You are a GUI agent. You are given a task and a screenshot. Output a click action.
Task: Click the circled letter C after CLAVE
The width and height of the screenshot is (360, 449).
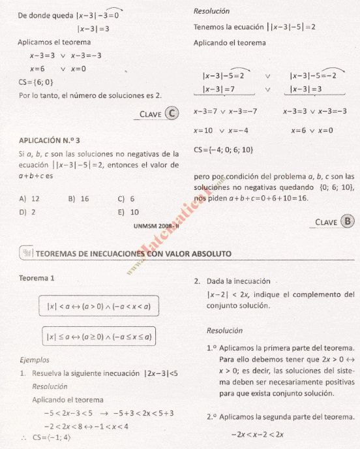(x=172, y=113)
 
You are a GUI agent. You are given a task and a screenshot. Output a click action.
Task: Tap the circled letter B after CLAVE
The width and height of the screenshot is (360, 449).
(x=348, y=221)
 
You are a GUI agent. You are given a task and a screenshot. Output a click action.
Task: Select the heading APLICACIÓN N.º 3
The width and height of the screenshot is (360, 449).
(x=50, y=140)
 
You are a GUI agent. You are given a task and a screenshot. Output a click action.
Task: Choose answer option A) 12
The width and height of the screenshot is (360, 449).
(x=30, y=198)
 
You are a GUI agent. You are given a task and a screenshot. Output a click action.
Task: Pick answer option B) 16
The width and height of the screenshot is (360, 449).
(x=78, y=198)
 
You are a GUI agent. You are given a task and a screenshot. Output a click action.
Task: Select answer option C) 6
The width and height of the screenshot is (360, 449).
(x=126, y=198)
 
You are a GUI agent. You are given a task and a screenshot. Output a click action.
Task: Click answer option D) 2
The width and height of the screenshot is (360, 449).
(x=27, y=211)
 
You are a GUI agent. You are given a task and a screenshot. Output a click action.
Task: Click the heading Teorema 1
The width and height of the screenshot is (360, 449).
(x=37, y=278)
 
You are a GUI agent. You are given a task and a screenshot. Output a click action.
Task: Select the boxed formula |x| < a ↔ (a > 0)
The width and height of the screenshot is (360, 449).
(x=98, y=306)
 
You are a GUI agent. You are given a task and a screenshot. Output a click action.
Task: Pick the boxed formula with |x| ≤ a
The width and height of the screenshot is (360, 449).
(x=98, y=337)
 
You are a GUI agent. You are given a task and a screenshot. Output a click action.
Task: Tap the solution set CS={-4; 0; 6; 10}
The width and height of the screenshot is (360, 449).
(x=223, y=150)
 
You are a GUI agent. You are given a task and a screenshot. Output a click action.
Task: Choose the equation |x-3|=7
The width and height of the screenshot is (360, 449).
(x=218, y=89)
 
